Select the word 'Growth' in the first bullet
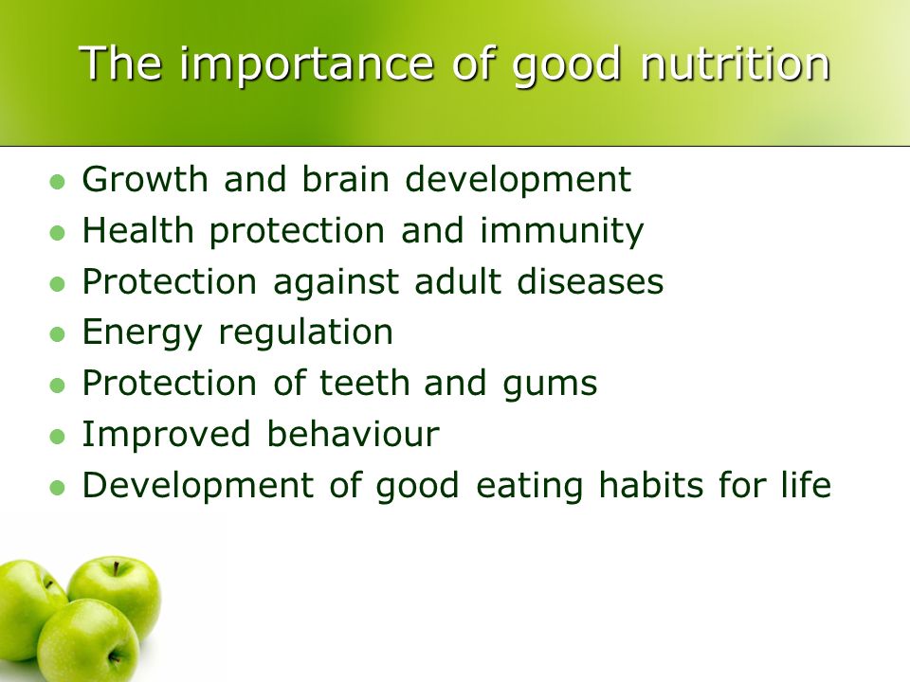coord(145,179)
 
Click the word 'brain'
coord(345,179)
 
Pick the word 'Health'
coord(138,229)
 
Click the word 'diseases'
coord(591,281)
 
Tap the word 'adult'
coord(457,281)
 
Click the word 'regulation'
coord(306,333)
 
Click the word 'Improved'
coord(167,436)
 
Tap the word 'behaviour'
coord(353,434)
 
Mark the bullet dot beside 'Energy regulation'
coord(58,334)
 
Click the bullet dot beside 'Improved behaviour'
coord(58,437)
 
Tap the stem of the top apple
coord(117,569)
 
